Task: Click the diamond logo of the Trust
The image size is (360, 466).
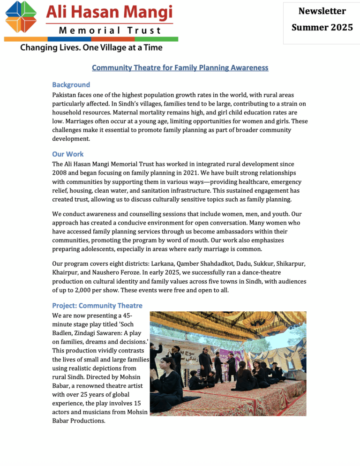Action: tap(21, 17)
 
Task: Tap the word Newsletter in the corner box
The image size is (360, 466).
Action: tap(322, 11)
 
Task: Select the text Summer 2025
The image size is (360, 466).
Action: tap(322, 28)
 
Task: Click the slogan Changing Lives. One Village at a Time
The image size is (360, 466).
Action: tap(91, 47)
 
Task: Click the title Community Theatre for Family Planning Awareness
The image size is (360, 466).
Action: tap(180, 68)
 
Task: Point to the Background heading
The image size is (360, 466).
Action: tap(71, 85)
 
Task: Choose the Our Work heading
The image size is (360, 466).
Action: tap(68, 154)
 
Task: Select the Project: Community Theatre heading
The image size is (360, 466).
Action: tap(97, 306)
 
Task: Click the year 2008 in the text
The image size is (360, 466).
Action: tap(60, 173)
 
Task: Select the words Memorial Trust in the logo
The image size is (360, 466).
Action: tap(110, 30)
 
